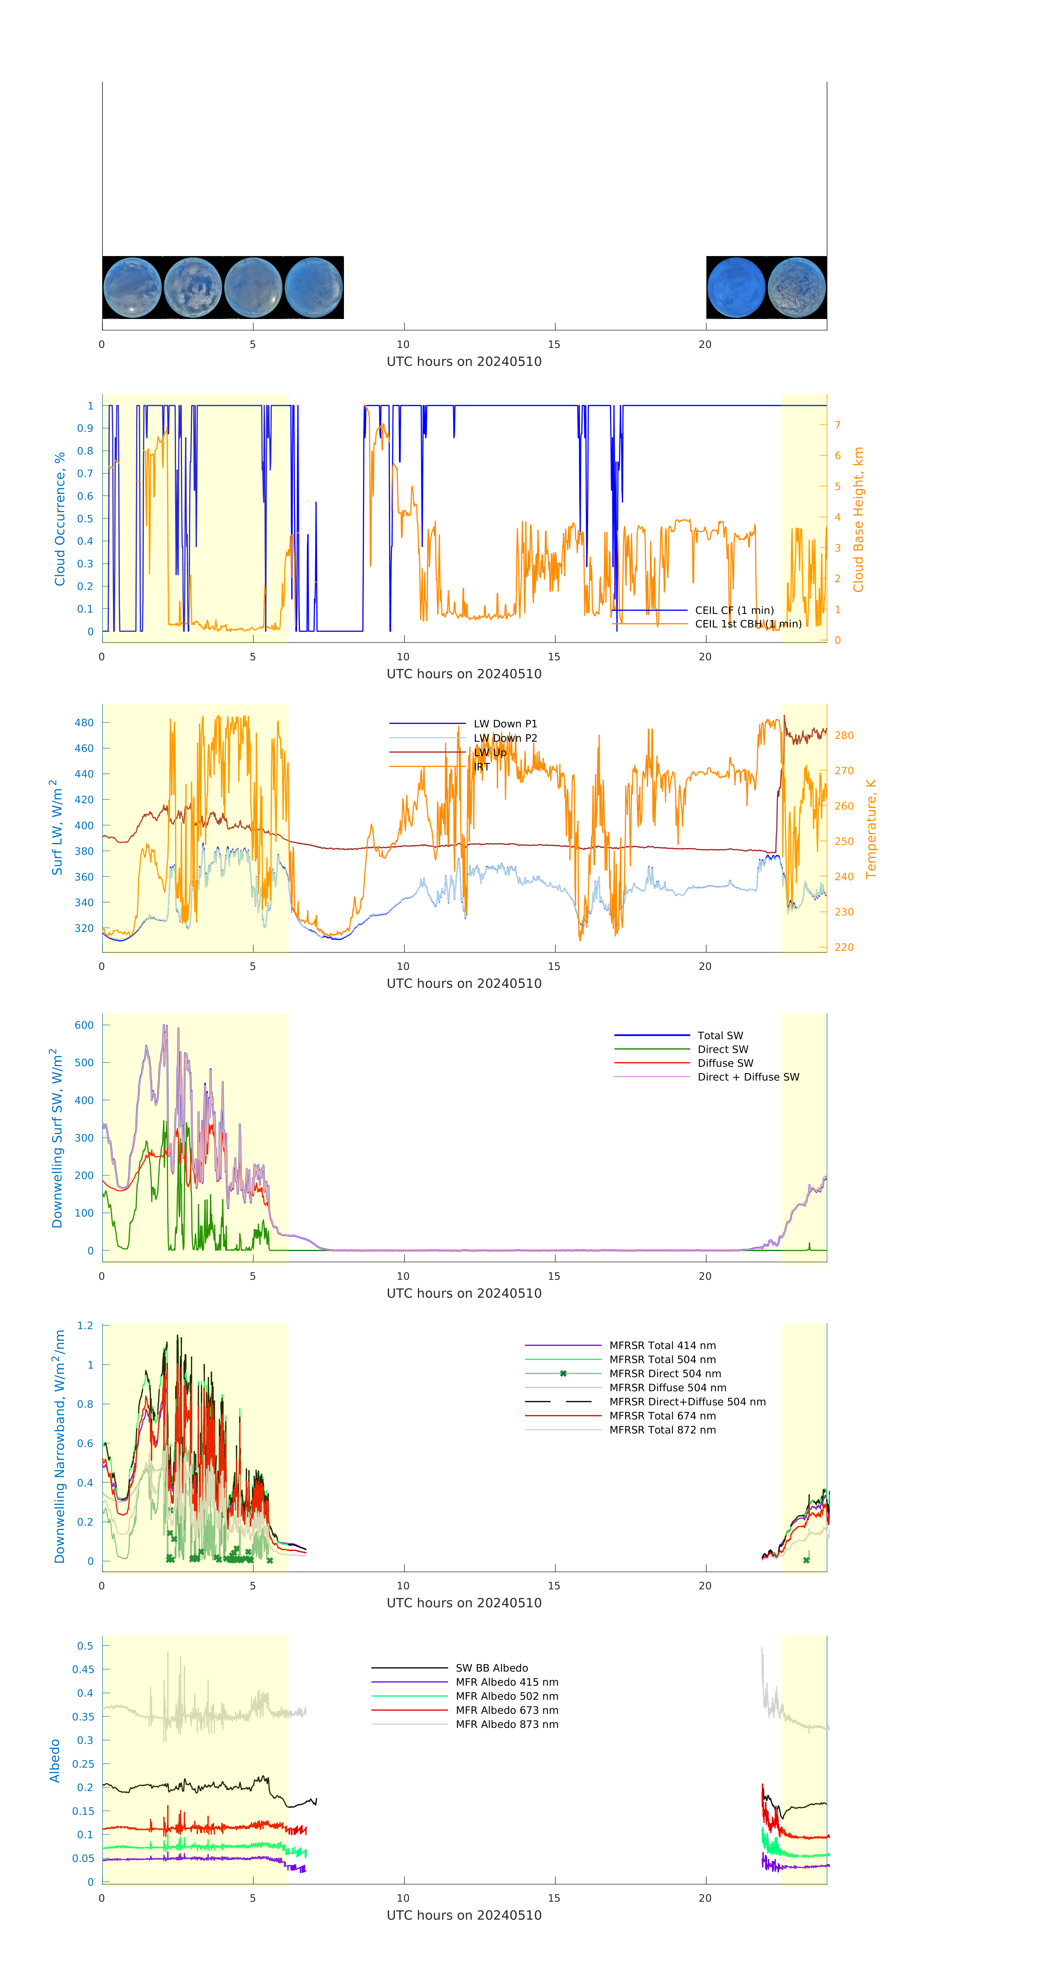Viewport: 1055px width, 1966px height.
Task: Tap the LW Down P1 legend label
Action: [505, 723]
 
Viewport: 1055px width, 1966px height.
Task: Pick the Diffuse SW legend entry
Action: [725, 1063]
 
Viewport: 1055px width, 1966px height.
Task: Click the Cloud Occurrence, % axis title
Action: [60, 519]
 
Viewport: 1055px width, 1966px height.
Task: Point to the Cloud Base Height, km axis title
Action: [858, 519]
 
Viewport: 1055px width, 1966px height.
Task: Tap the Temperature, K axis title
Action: [870, 829]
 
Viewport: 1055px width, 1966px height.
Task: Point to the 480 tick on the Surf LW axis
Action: [84, 723]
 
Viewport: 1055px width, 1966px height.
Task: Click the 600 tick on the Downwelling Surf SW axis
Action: [84, 1025]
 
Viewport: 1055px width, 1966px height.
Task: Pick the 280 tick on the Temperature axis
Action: [844, 736]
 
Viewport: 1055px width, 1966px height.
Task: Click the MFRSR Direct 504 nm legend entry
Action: [664, 1374]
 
